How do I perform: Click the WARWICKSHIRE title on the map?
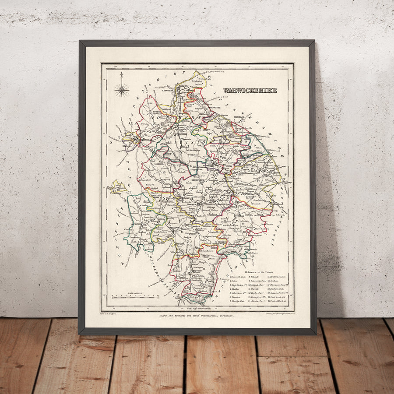(250, 91)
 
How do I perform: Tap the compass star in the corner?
(122, 90)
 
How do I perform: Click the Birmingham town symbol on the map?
(135, 140)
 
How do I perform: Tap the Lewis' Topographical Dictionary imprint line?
(198, 315)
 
